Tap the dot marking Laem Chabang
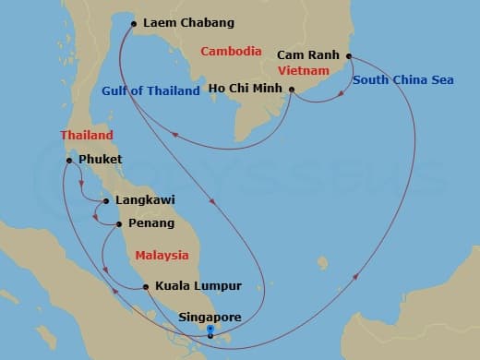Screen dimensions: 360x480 135,23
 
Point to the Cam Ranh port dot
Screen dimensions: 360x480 349,56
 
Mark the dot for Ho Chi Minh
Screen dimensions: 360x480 292,90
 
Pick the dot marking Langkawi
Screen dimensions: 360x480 107,200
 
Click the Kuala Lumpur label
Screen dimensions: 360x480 198,286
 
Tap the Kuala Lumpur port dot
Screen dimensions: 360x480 147,286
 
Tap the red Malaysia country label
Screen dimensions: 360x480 162,255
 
